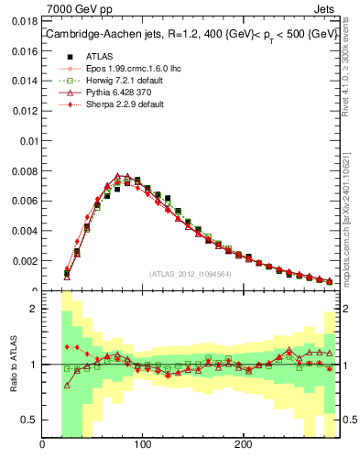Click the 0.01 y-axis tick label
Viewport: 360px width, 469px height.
[29, 141]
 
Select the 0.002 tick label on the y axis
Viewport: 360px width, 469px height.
[26, 261]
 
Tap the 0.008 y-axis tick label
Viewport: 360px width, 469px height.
[26, 171]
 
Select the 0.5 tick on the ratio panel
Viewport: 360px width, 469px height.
[29, 420]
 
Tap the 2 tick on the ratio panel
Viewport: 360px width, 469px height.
[33, 309]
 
